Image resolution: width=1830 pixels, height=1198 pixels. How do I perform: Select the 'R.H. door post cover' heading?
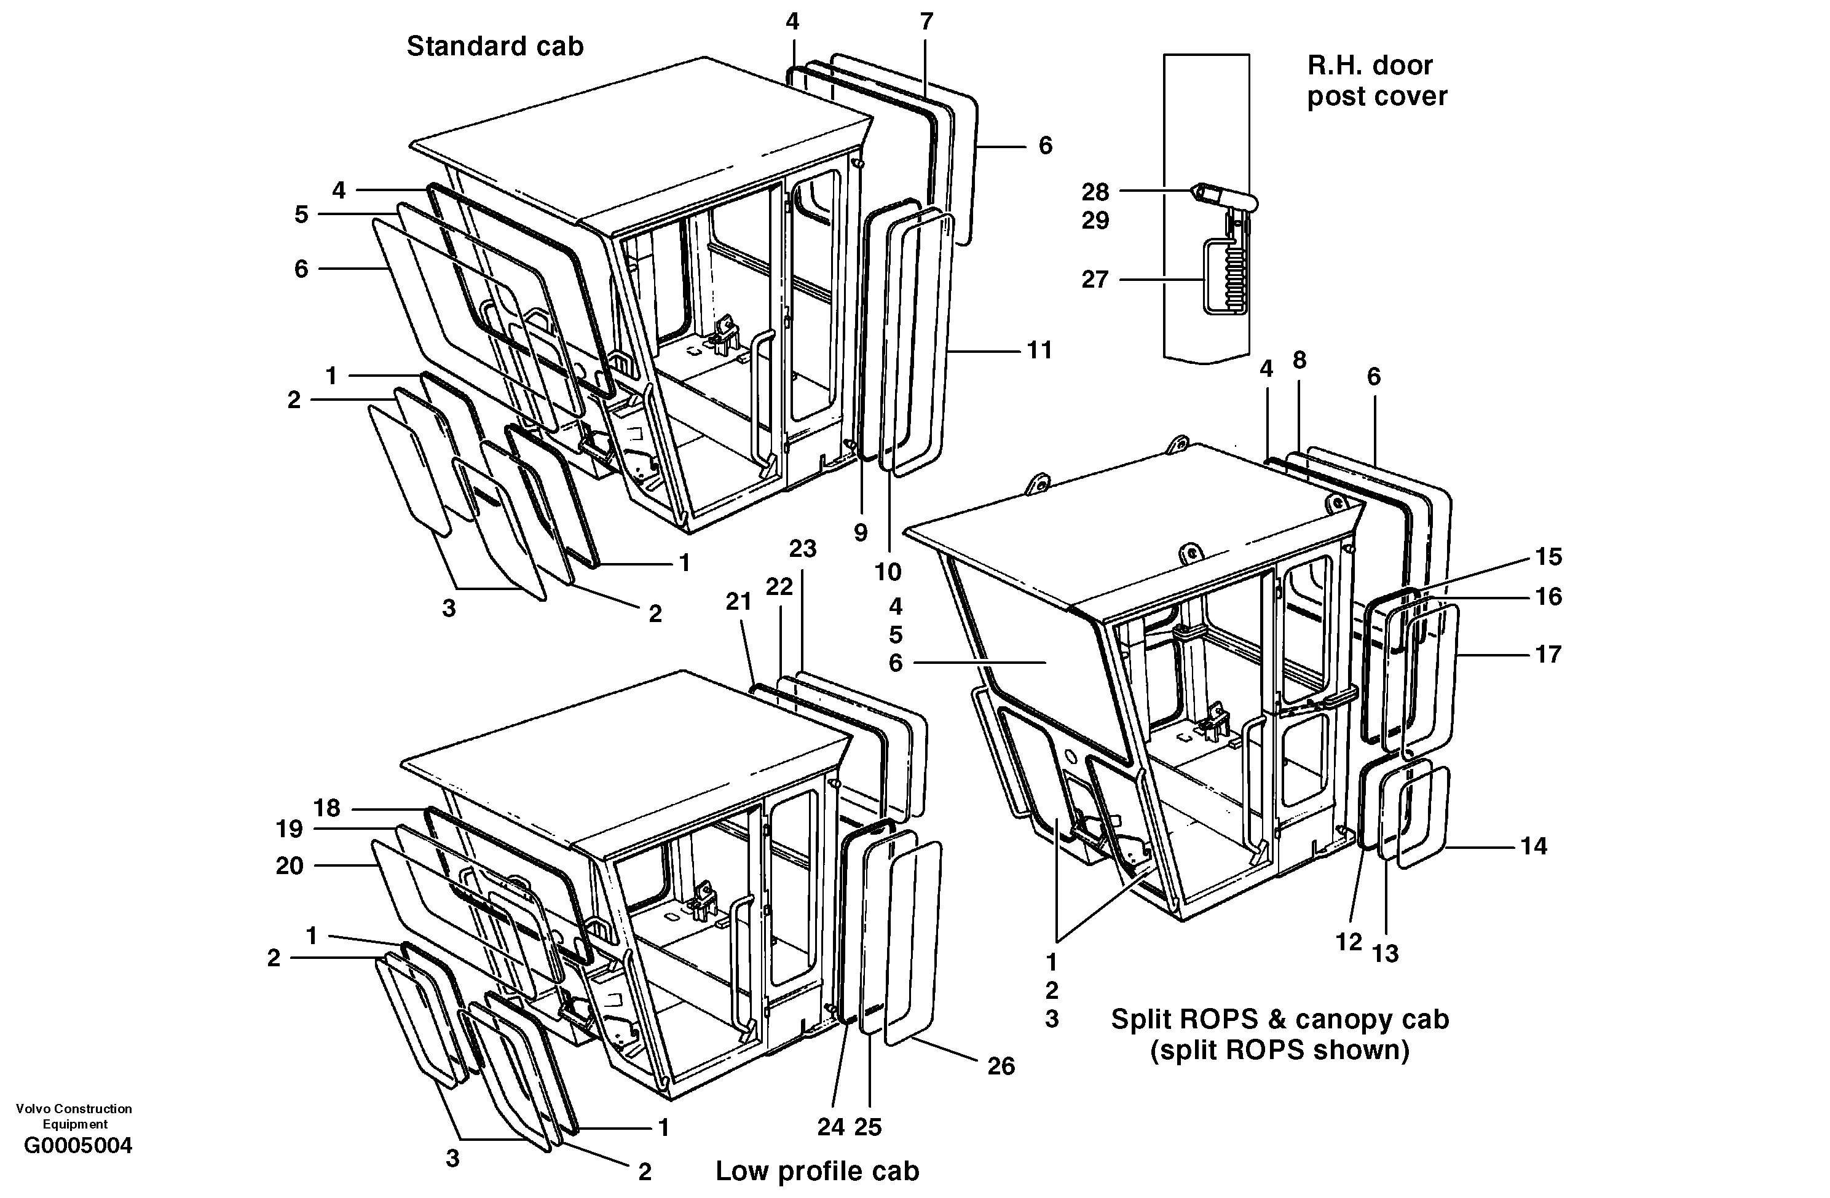1376,81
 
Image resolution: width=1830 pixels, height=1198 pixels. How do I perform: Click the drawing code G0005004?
77,1146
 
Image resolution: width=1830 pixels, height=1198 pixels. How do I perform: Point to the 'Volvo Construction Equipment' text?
74,1116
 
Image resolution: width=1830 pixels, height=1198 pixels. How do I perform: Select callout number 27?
1095,279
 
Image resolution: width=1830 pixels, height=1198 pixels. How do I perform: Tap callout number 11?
1039,350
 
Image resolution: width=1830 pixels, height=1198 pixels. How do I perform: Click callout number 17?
1548,655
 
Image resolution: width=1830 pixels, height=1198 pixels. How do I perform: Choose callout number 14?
1533,846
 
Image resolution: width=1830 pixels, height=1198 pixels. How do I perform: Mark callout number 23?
802,549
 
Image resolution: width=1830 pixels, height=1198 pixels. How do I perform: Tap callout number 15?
1548,557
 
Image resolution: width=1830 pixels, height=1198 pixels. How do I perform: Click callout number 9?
861,532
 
